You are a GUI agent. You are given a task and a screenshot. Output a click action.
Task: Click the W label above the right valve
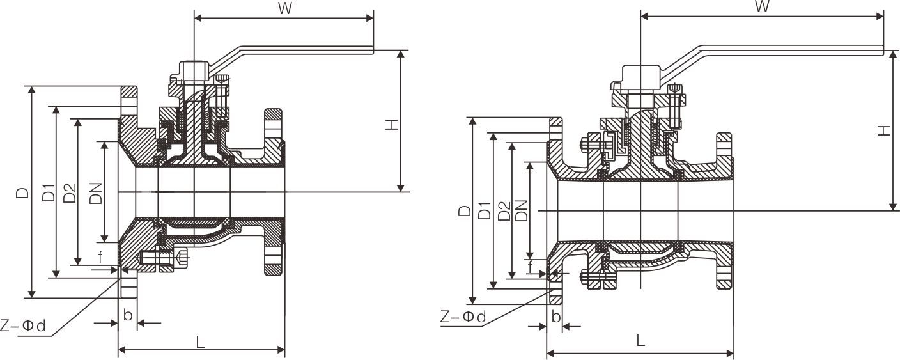point(761,7)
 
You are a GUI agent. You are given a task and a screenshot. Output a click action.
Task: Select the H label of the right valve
point(883,131)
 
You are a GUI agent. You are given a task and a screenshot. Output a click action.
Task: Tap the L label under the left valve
point(200,343)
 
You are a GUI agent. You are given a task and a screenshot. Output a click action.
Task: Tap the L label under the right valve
point(640,341)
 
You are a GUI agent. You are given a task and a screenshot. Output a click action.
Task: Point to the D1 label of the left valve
point(49,193)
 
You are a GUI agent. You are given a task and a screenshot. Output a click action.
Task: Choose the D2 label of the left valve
point(70,193)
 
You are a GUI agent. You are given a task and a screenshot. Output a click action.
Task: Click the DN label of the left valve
point(96,192)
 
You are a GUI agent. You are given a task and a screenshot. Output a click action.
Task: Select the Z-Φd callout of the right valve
point(463,317)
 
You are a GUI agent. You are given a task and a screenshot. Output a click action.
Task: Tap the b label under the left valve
point(128,315)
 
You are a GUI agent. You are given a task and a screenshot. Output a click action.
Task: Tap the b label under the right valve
point(555,317)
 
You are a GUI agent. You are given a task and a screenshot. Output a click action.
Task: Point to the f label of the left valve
point(100,257)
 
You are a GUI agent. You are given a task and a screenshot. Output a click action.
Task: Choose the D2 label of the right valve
point(504,210)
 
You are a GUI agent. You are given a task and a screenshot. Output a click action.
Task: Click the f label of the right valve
point(531,266)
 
